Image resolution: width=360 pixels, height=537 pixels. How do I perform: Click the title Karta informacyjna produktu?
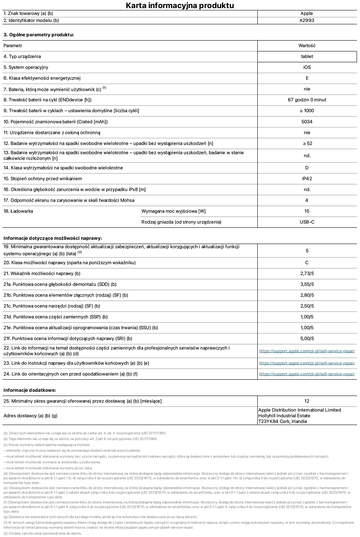pyautogui.click(x=180, y=5)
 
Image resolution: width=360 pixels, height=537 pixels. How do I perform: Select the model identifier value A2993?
pyautogui.click(x=307, y=21)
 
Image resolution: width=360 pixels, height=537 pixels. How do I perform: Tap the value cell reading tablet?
pyautogui.click(x=307, y=57)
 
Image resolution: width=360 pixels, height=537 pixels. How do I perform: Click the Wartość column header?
pyautogui.click(x=307, y=46)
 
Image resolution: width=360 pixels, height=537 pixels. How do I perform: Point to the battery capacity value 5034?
pyautogui.click(x=307, y=122)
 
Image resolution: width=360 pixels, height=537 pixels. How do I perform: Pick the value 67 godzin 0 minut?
pyautogui.click(x=307, y=100)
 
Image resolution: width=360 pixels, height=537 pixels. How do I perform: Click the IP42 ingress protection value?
pyautogui.click(x=307, y=179)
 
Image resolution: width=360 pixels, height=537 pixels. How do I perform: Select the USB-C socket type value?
pyautogui.click(x=307, y=222)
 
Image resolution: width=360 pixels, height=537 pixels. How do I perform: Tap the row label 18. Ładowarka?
pyautogui.click(x=18, y=211)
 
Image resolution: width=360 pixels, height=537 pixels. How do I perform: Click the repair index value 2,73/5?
pyautogui.click(x=307, y=274)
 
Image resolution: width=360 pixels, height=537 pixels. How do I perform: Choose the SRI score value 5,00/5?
pyautogui.click(x=307, y=339)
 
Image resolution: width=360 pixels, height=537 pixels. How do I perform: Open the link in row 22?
pyautogui.click(x=307, y=351)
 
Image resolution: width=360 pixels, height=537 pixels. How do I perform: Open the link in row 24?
pyautogui.click(x=307, y=374)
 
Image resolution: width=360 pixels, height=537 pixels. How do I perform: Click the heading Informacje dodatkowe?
pyautogui.click(x=30, y=390)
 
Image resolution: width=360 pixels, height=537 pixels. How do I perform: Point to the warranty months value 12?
pyautogui.click(x=307, y=401)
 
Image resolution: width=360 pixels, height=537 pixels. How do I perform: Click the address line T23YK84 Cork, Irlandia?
pyautogui.click(x=282, y=422)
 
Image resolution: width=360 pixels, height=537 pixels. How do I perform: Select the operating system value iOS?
pyautogui.click(x=307, y=67)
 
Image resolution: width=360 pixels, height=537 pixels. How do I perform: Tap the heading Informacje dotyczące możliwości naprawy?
pyautogui.click(x=53, y=238)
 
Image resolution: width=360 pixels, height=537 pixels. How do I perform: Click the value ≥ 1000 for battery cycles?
pyautogui.click(x=307, y=111)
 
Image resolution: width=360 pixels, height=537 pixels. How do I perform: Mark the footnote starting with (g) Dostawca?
pyautogui.click(x=100, y=517)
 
